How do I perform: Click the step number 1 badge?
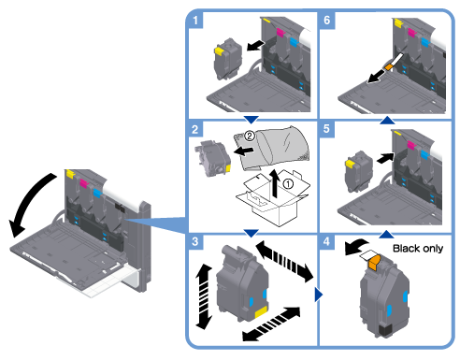pos(195,21)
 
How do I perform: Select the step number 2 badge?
pos(195,129)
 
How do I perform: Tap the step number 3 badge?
pos(195,241)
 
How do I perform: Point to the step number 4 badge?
pos(326,241)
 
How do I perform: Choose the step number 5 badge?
pos(326,129)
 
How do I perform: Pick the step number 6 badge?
pos(326,21)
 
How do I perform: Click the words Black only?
pos(418,249)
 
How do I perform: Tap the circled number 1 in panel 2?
pos(288,184)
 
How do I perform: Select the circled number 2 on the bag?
pos(250,136)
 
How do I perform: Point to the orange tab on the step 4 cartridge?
pos(374,262)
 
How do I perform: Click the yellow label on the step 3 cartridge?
pos(261,311)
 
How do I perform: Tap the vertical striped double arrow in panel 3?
pos(204,296)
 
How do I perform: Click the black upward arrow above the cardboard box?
pos(274,183)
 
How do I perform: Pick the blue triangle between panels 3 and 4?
pos(319,295)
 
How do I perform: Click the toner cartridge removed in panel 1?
pos(227,59)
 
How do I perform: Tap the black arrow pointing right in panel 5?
pos(385,158)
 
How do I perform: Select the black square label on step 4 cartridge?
pos(385,330)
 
